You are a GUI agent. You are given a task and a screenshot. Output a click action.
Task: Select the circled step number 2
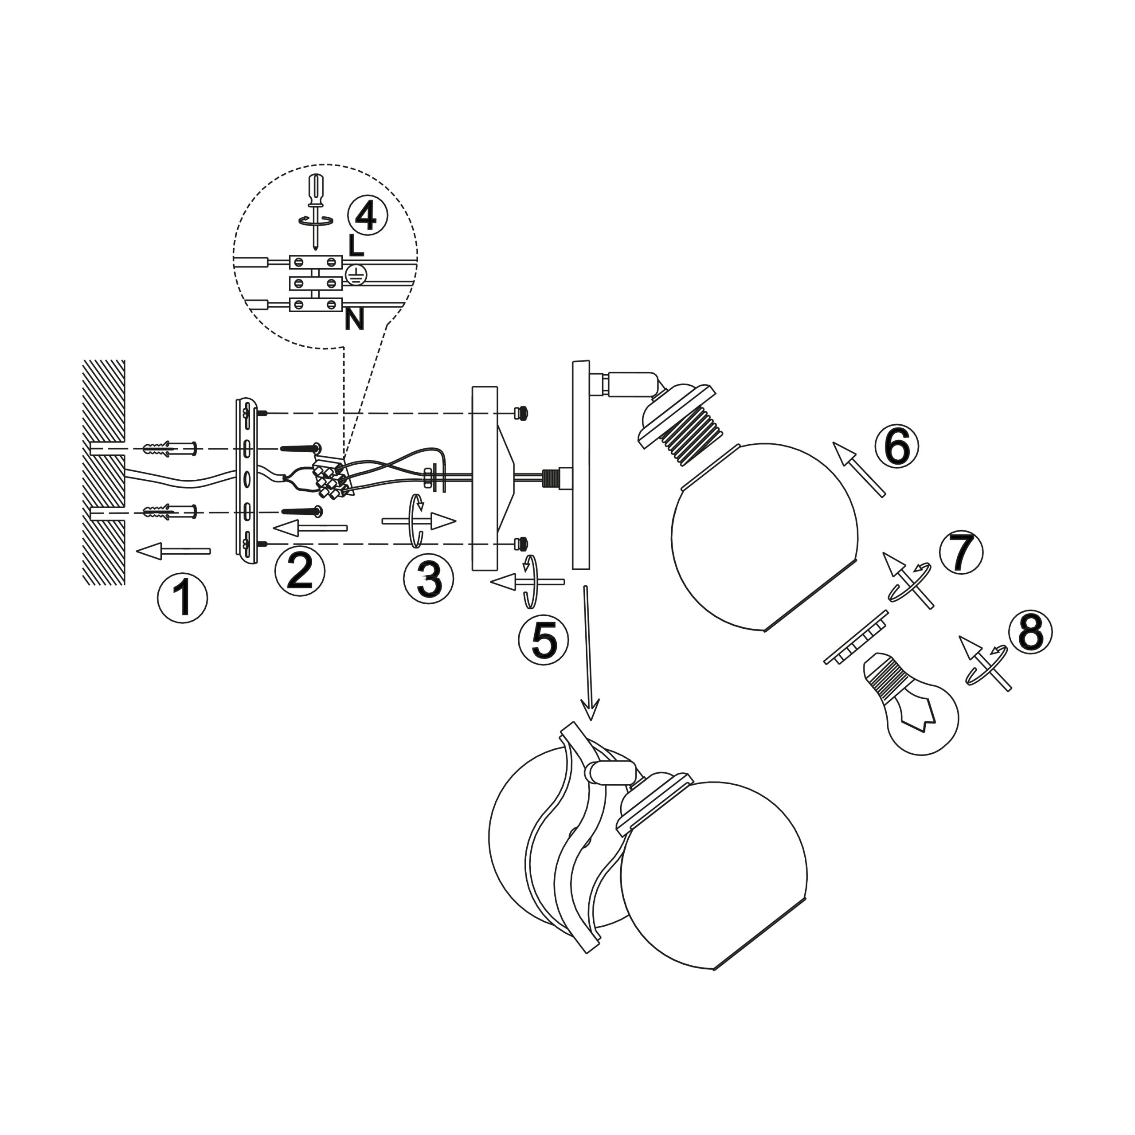click(300, 571)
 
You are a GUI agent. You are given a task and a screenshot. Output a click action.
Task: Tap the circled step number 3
click(428, 578)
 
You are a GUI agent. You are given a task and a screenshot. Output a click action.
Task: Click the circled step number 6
click(896, 448)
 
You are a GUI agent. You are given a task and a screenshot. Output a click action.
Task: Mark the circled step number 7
click(961, 553)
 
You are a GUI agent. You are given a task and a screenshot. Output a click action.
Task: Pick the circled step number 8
click(1030, 633)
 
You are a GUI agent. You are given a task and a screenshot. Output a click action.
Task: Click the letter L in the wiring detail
click(356, 246)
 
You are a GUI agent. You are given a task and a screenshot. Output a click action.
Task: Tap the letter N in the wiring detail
click(354, 320)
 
